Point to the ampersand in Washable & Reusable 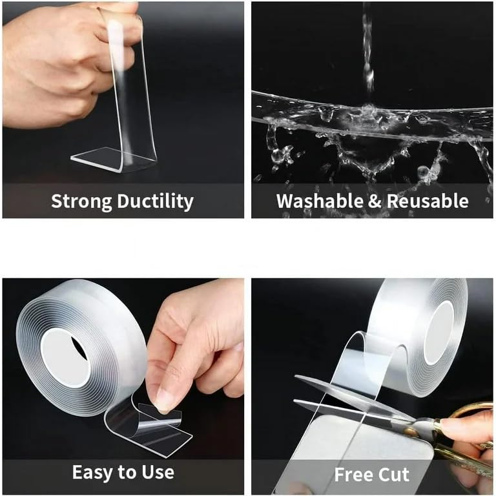pyautogui.click(x=374, y=201)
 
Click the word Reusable pyautogui.click(x=428, y=201)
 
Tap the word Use pyautogui.click(x=157, y=473)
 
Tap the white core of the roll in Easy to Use pyautogui.click(x=64, y=358)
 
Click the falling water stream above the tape pyautogui.click(x=367, y=52)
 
